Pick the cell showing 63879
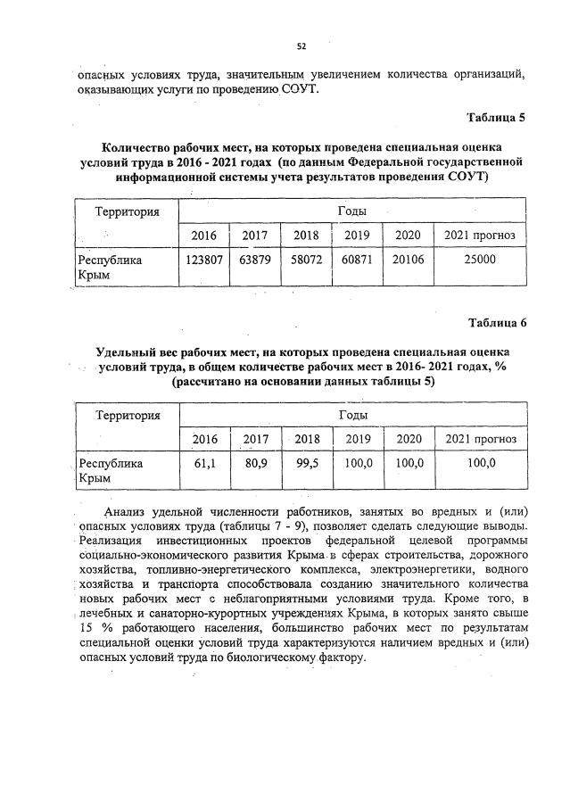tap(256, 260)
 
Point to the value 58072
tap(306, 260)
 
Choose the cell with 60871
tap(357, 260)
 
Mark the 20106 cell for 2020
tap(408, 260)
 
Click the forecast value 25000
tap(479, 260)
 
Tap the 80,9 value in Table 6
tap(256, 464)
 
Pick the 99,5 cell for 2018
tap(307, 464)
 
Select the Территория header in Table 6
tap(127, 416)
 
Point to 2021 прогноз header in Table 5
tap(479, 236)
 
